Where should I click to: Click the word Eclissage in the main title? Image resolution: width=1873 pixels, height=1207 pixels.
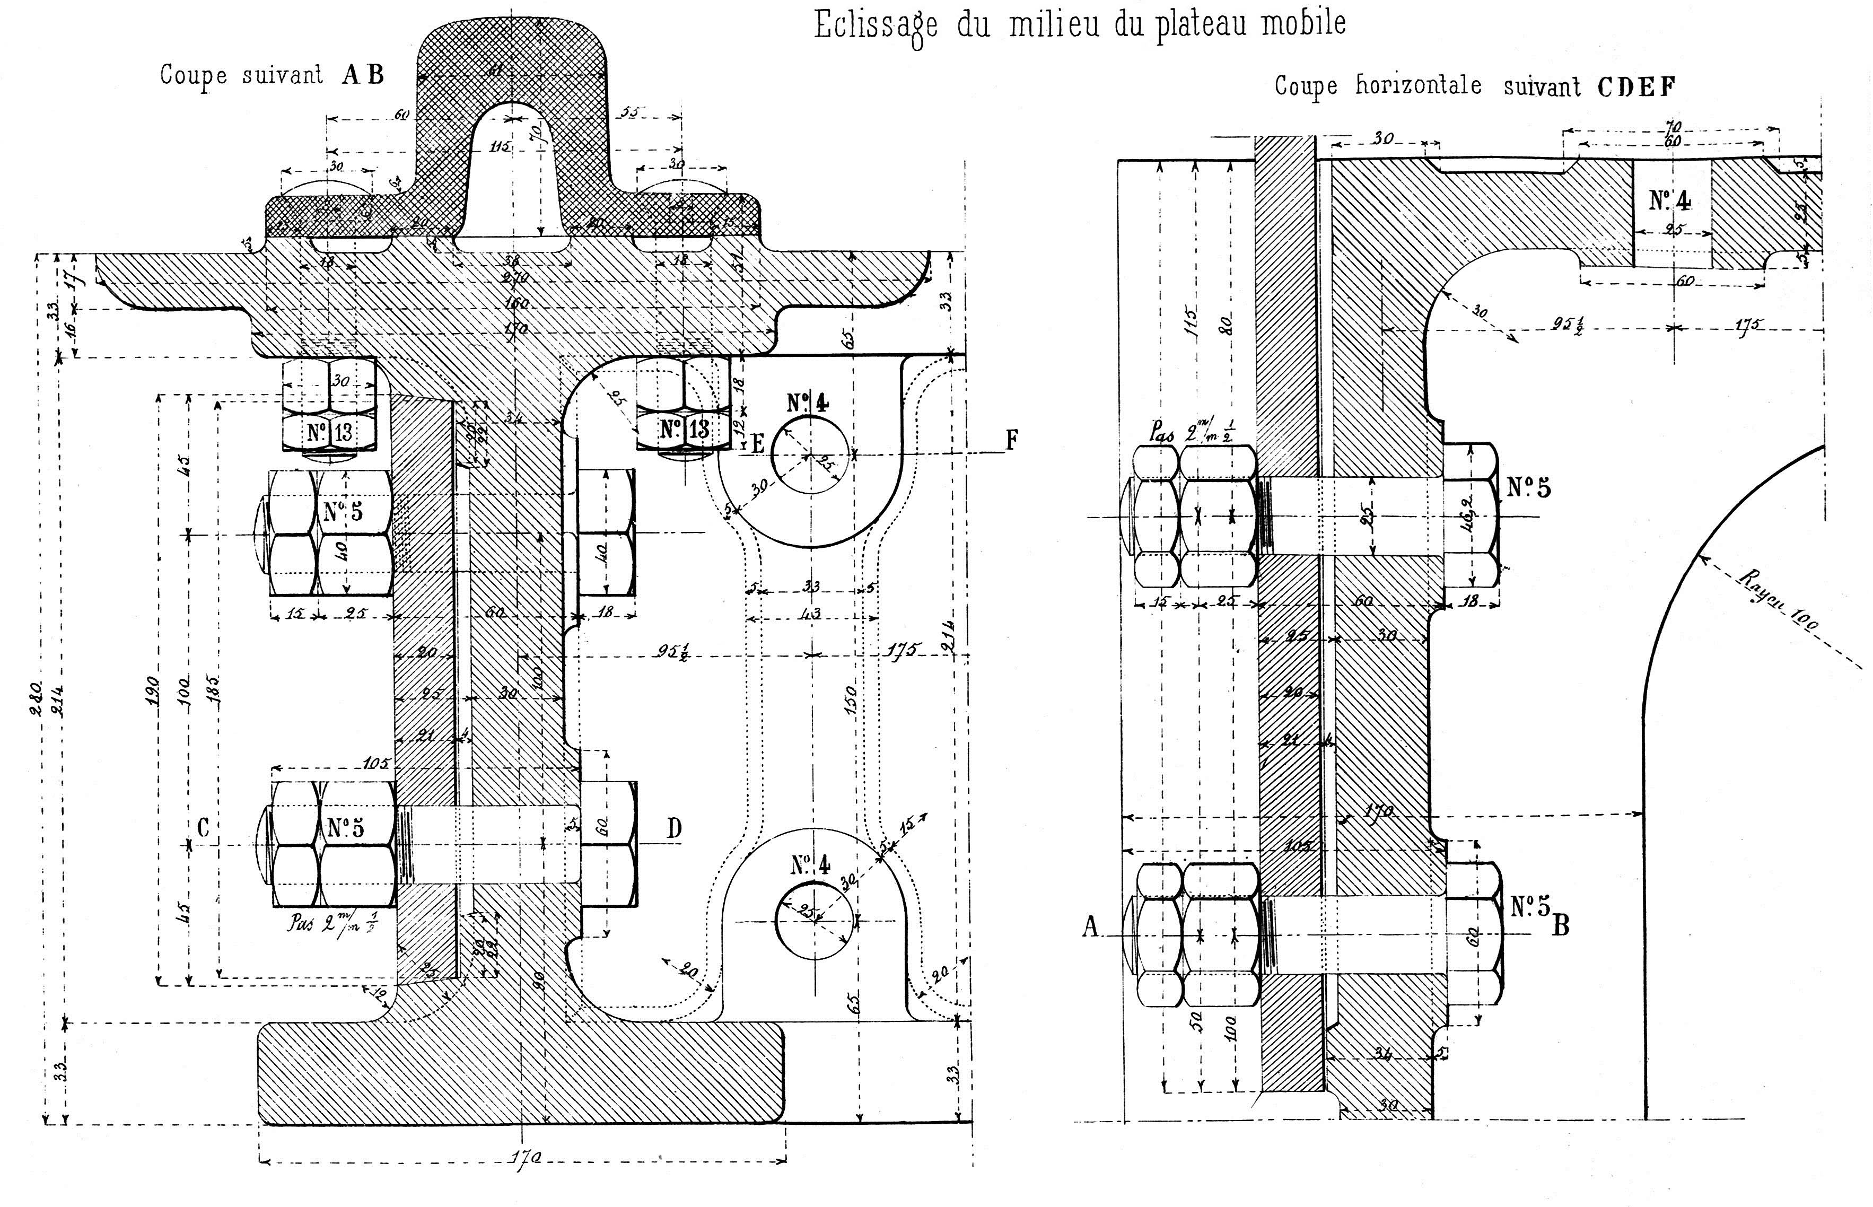[876, 25]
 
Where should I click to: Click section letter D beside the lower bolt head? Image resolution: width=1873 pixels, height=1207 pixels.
[674, 828]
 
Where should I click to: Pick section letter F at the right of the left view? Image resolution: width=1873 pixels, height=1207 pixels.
[1012, 441]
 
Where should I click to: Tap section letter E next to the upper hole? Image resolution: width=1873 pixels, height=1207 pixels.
[757, 444]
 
